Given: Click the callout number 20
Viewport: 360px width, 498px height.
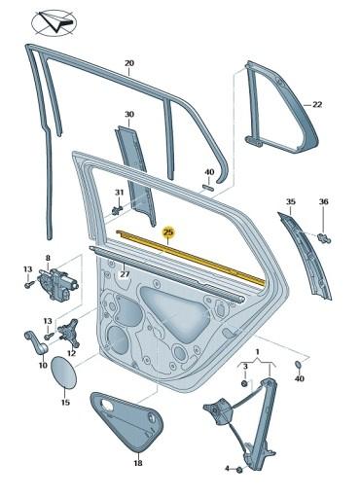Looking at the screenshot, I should pos(129,64).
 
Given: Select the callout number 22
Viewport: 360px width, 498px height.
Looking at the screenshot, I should pos(317,103).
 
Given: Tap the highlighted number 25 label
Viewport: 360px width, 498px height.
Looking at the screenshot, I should pos(168,232).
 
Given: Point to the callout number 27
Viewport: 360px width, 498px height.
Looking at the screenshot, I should pos(125,275).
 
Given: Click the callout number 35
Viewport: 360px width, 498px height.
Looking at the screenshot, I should pos(290,201).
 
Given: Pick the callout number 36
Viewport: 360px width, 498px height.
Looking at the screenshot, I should pos(325,201).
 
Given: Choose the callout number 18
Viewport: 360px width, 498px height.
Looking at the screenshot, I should pos(137,464).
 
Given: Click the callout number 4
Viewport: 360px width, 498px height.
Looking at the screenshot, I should pos(227,470).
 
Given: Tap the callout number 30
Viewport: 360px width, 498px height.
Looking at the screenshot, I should pos(129,115).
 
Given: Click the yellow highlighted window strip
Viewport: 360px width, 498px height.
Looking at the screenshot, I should pos(195,256).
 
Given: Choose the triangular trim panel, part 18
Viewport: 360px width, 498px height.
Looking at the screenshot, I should pos(129,415).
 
